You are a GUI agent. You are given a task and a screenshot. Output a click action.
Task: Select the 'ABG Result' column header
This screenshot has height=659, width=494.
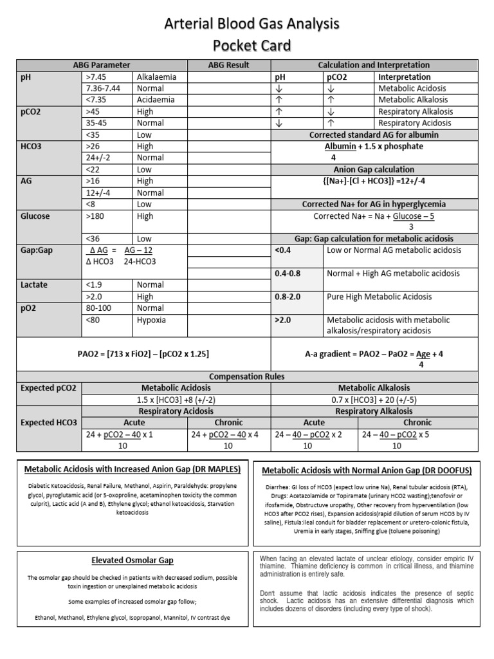pyautogui.click(x=228, y=65)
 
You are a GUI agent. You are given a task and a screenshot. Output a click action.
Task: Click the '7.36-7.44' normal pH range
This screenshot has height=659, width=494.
pyautogui.click(x=102, y=88)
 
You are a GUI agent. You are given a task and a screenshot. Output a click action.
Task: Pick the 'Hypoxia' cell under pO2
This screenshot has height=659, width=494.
pyautogui.click(x=151, y=320)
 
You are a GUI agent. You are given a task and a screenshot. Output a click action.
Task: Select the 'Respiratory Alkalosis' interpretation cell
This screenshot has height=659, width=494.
pyautogui.click(x=415, y=111)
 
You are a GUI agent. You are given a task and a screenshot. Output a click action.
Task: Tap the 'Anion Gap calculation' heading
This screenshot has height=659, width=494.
pyautogui.click(x=375, y=170)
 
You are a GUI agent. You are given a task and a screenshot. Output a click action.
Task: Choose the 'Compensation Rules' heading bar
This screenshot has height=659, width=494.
pyautogui.click(x=247, y=376)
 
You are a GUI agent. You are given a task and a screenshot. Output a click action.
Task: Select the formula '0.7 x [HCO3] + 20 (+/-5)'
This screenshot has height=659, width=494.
pyautogui.click(x=374, y=400)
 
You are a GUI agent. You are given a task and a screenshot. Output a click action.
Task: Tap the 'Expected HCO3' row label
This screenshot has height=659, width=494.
pyautogui.click(x=48, y=422)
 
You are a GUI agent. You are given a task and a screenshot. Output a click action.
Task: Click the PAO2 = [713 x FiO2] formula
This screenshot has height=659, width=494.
pyautogui.click(x=143, y=354)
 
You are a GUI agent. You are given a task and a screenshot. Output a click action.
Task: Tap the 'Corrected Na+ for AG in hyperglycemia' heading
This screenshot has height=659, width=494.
pyautogui.click(x=375, y=204)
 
